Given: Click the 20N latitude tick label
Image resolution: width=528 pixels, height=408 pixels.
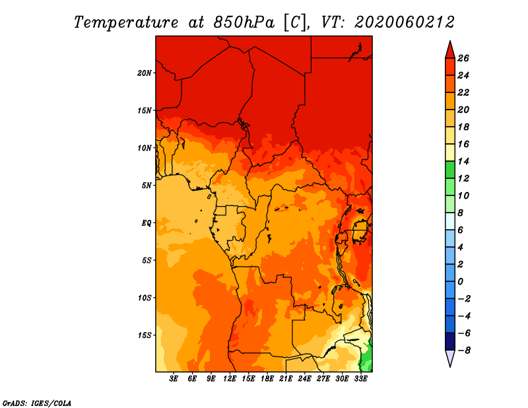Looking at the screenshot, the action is (144, 73).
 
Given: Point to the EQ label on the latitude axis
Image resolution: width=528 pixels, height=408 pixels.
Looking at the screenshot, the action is (147, 223).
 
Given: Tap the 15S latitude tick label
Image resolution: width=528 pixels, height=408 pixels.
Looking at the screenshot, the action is (145, 335).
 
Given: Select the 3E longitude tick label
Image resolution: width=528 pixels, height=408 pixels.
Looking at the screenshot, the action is (174, 378).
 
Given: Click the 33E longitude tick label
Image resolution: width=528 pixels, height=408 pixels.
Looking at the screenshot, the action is (360, 378).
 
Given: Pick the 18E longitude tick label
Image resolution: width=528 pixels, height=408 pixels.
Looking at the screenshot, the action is (267, 378).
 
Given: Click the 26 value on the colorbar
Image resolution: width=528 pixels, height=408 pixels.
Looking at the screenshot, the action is (463, 58).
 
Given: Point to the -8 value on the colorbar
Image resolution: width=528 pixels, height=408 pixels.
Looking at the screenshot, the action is (464, 351).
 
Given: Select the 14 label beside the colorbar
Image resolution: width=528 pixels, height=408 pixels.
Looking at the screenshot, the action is (463, 161).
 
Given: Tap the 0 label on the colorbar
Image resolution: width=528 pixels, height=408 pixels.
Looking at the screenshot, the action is (460, 282).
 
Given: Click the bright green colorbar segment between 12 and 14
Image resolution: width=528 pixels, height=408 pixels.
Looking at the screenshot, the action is (450, 170).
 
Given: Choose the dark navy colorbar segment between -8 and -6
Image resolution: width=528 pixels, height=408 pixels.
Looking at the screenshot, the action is (450, 341).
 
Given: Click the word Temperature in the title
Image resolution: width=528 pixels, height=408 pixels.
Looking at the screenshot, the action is (126, 22).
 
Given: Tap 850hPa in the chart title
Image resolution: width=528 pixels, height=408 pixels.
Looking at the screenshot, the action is (244, 22).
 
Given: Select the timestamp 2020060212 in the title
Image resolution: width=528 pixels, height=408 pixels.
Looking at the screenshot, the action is (405, 22).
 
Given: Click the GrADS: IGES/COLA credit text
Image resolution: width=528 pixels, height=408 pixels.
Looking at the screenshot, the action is (37, 403).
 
